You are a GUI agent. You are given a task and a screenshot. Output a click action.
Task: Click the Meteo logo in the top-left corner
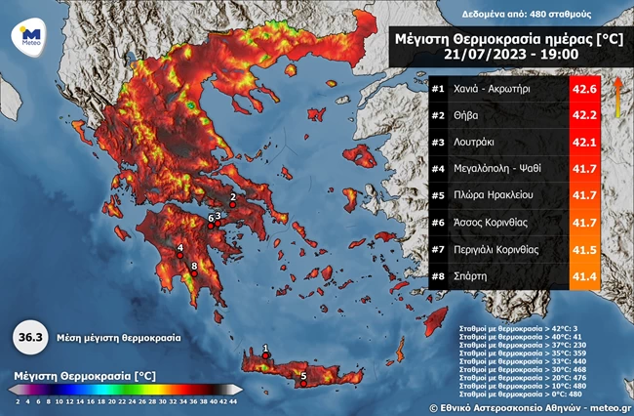coord(25,36)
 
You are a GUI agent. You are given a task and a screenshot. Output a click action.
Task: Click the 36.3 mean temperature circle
coord(30,337)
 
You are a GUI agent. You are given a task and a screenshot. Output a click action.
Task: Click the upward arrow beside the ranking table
coord(618,97)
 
